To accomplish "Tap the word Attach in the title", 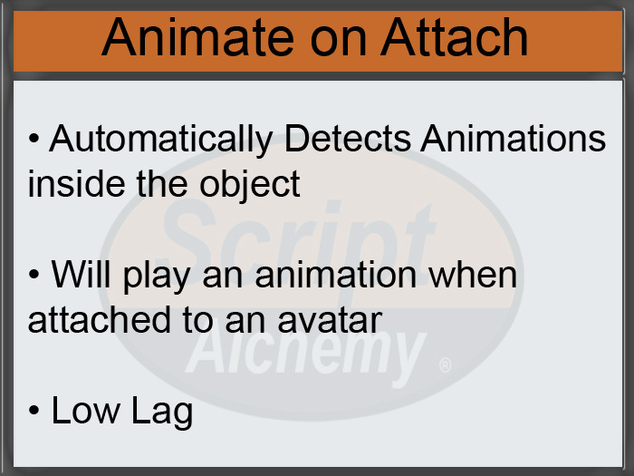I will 456,39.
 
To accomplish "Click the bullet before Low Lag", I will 34,413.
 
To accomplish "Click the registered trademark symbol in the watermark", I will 444,366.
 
